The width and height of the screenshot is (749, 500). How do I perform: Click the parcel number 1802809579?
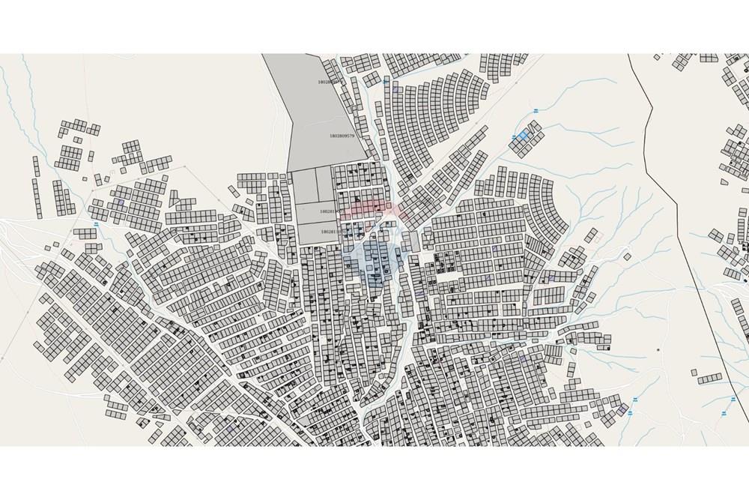[x=341, y=136]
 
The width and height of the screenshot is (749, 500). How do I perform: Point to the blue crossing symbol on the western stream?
[x=96, y=225]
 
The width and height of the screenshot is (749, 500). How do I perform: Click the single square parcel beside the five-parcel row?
[x=694, y=373]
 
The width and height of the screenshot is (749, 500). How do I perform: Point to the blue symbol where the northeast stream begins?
[x=537, y=112]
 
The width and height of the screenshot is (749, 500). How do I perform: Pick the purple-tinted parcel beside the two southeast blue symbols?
[x=622, y=409]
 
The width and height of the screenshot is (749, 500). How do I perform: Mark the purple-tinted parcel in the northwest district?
[x=120, y=202]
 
